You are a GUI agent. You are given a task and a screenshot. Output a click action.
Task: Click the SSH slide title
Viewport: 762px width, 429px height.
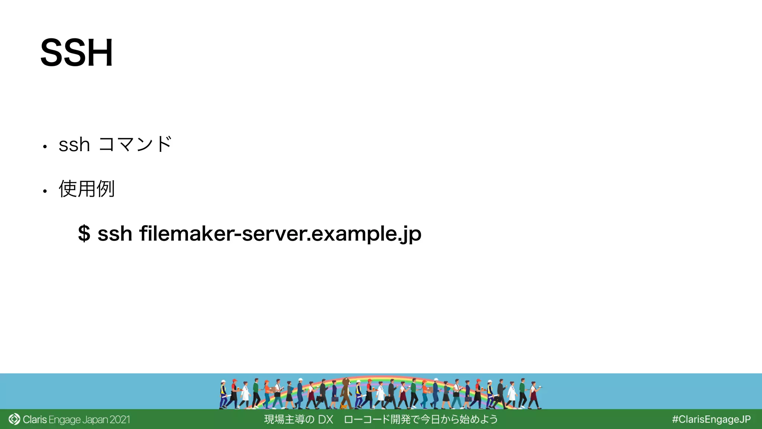pyautogui.click(x=76, y=53)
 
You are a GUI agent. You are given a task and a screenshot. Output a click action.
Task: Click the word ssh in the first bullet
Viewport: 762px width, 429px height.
pyautogui.click(x=74, y=145)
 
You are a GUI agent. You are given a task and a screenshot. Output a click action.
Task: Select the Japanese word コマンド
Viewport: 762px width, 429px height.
pyautogui.click(x=135, y=144)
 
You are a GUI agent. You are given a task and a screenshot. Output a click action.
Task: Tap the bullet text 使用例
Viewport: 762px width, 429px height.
pyautogui.click(x=86, y=189)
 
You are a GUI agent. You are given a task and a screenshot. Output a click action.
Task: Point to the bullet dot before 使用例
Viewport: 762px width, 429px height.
pyautogui.click(x=45, y=191)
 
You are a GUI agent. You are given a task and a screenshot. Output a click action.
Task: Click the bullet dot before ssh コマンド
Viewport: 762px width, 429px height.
pyautogui.click(x=45, y=147)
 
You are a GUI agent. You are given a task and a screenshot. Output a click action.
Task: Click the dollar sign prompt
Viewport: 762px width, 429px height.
pyautogui.click(x=84, y=234)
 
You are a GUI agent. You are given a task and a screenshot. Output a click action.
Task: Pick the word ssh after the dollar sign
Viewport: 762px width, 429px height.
pyautogui.click(x=115, y=234)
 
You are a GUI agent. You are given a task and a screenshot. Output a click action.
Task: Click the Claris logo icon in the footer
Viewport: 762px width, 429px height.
pyautogui.click(x=14, y=419)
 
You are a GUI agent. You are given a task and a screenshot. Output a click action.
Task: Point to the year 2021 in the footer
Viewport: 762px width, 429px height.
pyautogui.click(x=120, y=420)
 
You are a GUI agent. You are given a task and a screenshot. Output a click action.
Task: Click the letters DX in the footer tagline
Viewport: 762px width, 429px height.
pyautogui.click(x=326, y=420)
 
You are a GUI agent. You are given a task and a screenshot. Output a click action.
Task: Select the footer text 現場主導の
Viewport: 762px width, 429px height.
pyautogui.click(x=289, y=420)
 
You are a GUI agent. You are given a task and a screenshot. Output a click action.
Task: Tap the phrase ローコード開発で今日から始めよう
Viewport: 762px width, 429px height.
pyautogui.click(x=420, y=420)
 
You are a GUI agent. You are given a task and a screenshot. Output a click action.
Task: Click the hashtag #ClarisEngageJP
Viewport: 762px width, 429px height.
pyautogui.click(x=711, y=420)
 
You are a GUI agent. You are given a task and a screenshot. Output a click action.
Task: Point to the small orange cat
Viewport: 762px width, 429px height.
pyautogui.click(x=343, y=406)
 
